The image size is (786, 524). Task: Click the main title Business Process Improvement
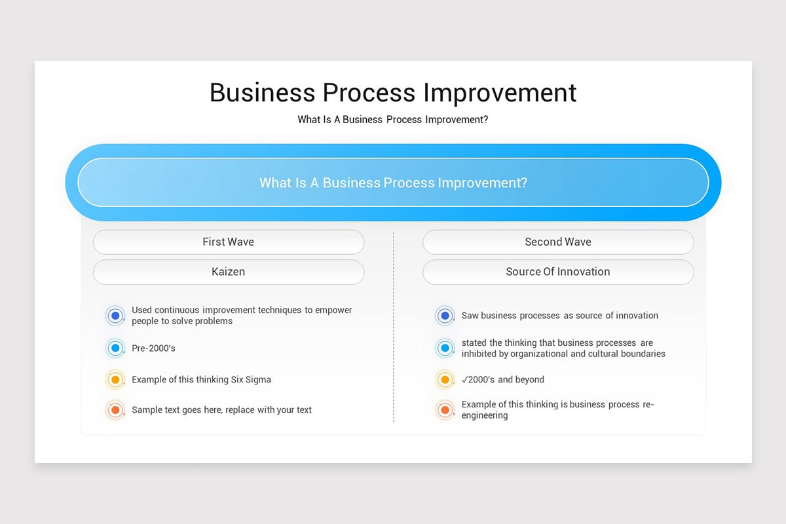coord(393,92)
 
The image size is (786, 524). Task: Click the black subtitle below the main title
coord(393,120)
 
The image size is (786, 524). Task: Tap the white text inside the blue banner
coord(393,183)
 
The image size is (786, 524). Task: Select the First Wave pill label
coord(228,242)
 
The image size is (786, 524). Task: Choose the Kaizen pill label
coord(228,272)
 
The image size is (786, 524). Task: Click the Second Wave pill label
coord(558,242)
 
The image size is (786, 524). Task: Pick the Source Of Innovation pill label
coord(558,272)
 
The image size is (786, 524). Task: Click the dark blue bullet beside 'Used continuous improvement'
coord(115,316)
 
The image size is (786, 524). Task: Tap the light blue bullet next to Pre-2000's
coord(115,348)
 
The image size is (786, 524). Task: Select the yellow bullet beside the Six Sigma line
coord(115,380)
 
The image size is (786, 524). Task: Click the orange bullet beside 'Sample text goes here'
coord(115,410)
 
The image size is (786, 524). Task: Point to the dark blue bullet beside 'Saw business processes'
coord(445,316)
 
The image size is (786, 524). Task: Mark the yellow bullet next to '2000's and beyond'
coord(445,380)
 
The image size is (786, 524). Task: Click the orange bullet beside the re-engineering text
coord(445,410)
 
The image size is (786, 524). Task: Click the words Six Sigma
coord(251,380)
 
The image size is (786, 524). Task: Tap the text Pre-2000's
coord(153,348)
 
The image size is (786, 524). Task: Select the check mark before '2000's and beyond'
coord(465,379)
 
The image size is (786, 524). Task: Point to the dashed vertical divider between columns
coord(394,327)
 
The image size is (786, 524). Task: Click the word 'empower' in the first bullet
coord(333,310)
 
